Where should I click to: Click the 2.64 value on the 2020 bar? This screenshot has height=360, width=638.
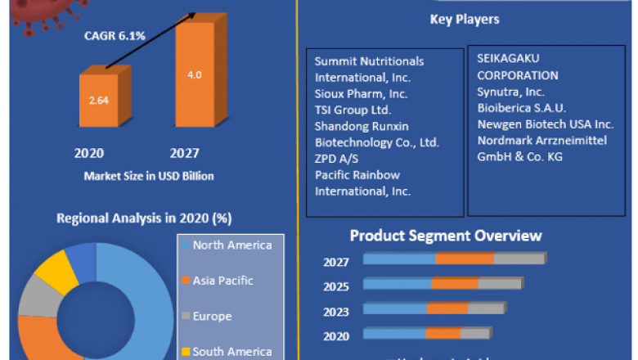100,101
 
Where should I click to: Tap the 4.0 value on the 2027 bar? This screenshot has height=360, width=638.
194,74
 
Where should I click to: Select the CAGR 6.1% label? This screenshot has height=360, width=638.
115,36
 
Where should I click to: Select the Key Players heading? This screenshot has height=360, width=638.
464,19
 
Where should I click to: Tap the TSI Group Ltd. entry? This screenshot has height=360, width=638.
353,110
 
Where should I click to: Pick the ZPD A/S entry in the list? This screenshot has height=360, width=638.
337,159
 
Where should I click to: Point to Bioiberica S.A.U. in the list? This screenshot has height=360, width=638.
521,107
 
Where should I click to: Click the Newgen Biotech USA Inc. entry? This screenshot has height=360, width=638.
546,124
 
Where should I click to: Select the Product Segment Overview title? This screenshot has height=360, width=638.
446,236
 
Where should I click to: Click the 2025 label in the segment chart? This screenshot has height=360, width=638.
335,286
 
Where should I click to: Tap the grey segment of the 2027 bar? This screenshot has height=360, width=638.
519,259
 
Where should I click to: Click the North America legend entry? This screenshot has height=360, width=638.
231,245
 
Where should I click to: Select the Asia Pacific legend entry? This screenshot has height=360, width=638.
222,281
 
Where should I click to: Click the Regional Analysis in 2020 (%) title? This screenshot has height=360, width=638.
143,218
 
